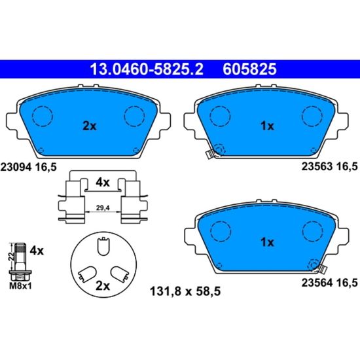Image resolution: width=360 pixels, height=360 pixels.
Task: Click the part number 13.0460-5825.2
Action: (147, 69)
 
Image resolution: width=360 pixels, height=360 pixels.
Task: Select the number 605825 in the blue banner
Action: (249, 69)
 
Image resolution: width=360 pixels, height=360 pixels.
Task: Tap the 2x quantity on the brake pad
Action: (90, 126)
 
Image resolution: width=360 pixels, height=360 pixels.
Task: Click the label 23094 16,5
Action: (28, 167)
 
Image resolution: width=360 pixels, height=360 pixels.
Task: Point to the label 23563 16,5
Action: (329, 166)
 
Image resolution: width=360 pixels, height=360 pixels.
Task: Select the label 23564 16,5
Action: (329, 283)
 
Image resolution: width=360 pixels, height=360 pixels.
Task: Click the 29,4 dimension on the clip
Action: (103, 208)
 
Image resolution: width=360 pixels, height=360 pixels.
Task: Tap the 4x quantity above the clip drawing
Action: (103, 183)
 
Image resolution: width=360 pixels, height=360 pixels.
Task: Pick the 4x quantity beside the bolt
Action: (37, 251)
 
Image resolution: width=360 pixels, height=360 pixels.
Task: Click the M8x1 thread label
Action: (20, 286)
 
